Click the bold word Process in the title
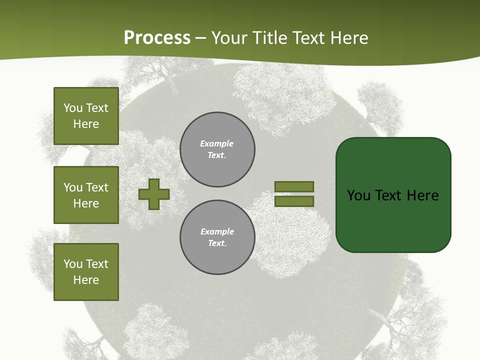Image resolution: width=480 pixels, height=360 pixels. [x=157, y=38]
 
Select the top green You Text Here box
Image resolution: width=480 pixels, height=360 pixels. [x=86, y=116]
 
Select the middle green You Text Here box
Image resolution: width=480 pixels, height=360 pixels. [x=86, y=195]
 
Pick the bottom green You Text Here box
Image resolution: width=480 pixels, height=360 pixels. [x=86, y=272]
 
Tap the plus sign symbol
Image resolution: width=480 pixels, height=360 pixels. [x=154, y=194]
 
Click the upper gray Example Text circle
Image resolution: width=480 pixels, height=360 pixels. [x=217, y=149]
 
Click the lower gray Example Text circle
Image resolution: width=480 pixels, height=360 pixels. [x=217, y=237]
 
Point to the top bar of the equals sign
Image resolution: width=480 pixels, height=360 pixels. [x=294, y=186]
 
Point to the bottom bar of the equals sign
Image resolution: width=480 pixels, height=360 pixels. [x=294, y=201]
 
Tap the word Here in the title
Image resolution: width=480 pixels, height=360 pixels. [x=348, y=38]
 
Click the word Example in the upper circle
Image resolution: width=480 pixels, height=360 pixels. [x=216, y=143]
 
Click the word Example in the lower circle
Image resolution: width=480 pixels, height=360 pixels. [x=217, y=231]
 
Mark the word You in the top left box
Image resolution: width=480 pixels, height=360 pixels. [x=73, y=108]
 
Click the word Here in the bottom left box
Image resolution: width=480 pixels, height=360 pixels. [x=86, y=280]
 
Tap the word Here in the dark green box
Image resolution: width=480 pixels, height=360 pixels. [x=422, y=195]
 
